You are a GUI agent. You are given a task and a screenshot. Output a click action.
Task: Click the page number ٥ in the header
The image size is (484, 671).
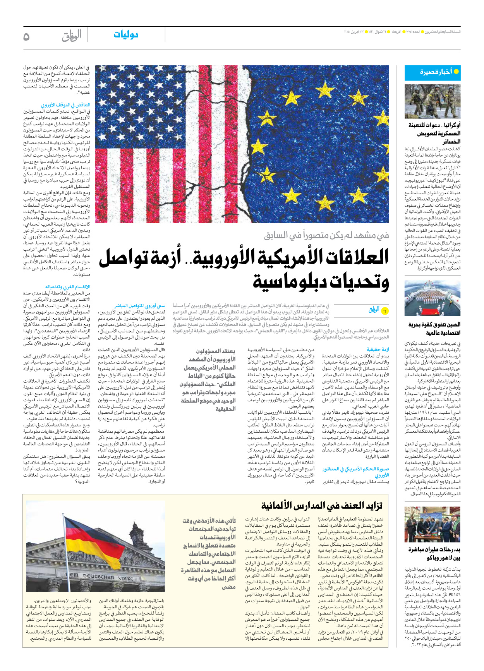(26, 36)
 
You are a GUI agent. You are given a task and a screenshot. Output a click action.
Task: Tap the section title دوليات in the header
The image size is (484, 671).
(126, 34)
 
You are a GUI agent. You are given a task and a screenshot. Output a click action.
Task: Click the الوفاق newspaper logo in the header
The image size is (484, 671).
(72, 36)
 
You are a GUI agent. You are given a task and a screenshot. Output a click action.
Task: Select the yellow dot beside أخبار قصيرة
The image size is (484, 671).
(456, 72)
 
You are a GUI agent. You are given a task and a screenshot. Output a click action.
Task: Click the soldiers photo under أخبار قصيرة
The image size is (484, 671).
(432, 101)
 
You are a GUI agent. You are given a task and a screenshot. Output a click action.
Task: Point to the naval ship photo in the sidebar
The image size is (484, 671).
(432, 298)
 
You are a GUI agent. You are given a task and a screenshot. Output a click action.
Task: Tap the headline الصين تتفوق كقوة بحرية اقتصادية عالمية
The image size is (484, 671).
(434, 329)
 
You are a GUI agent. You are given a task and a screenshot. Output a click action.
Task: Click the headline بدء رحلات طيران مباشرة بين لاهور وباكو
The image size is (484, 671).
(434, 553)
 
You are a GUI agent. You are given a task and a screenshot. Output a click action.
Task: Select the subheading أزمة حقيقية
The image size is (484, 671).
(378, 349)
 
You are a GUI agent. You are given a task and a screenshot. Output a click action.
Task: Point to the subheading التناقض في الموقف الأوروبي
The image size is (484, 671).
(65, 105)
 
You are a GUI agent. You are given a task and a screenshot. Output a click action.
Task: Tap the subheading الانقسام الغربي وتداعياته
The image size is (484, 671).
(68, 287)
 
